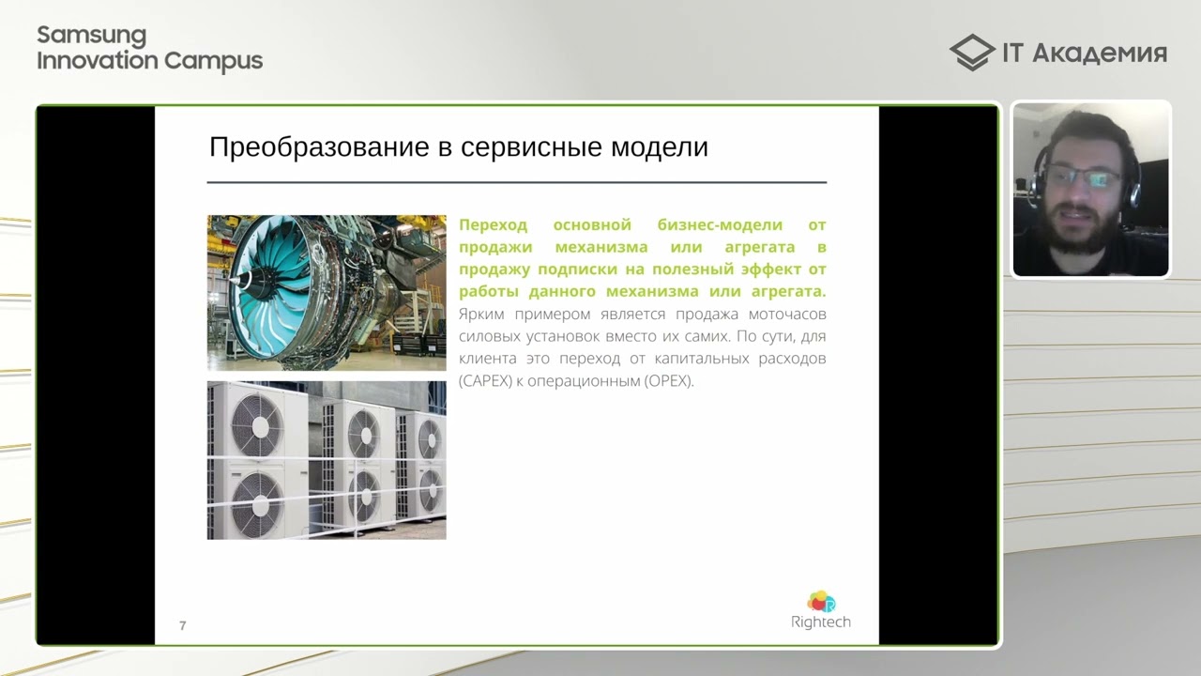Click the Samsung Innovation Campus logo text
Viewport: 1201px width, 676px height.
[149, 49]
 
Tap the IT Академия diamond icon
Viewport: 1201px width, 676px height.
[971, 53]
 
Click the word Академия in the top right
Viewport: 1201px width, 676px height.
[1099, 54]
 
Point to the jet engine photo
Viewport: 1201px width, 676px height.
[327, 292]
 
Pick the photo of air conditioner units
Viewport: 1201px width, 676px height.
[327, 459]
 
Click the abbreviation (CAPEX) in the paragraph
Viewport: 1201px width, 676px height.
[484, 381]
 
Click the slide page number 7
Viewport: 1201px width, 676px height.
[182, 625]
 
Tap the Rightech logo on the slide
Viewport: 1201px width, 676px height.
[820, 610]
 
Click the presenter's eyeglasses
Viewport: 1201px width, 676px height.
[1083, 178]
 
